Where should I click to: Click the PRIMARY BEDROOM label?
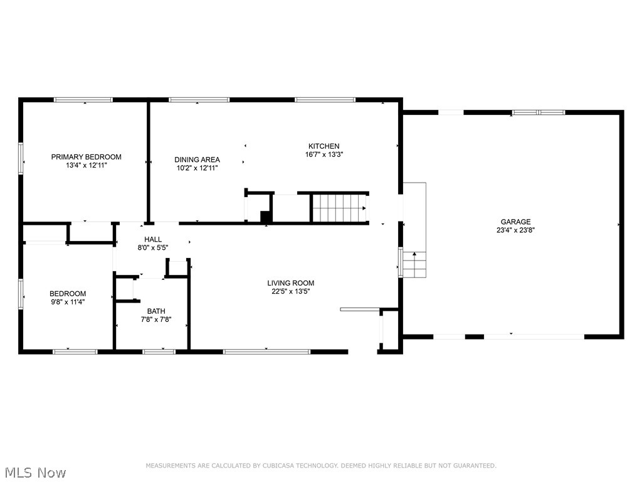[x=86, y=157]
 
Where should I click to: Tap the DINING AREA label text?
[x=197, y=160]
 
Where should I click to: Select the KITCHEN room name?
[x=324, y=146]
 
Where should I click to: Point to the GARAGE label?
[x=515, y=222]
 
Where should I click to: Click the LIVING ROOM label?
[x=290, y=283]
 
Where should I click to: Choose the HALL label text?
[x=153, y=240]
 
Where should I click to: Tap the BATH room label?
[x=156, y=311]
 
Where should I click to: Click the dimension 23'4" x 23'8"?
[x=515, y=230]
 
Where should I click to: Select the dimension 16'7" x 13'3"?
[x=324, y=154]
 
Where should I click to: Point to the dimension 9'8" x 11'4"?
[x=68, y=302]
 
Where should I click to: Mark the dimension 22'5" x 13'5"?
[x=290, y=291]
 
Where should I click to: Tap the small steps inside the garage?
[x=414, y=264]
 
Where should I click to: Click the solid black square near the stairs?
[x=266, y=217]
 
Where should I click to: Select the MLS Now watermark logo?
[x=34, y=472]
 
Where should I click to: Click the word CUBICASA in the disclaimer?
[x=282, y=466]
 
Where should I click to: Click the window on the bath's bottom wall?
[x=159, y=351]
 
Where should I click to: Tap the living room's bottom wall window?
[x=267, y=351]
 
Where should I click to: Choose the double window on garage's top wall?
[x=539, y=112]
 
